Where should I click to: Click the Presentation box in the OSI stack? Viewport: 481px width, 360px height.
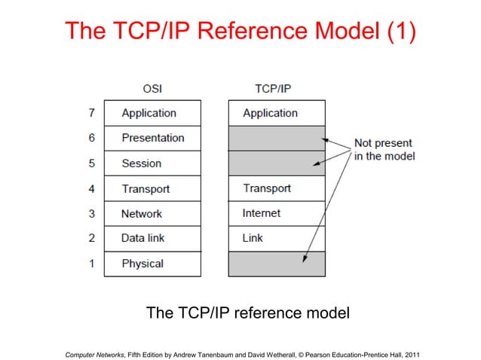pyautogui.click(x=152, y=138)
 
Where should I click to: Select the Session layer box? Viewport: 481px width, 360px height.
pyautogui.click(x=152, y=163)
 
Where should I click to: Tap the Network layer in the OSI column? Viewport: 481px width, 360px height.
pyautogui.click(x=152, y=214)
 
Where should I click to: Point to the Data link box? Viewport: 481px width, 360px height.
pyautogui.click(x=152, y=238)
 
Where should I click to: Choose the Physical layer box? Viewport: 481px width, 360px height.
pyautogui.click(x=152, y=264)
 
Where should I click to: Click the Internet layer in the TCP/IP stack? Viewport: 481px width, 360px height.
pyautogui.click(x=277, y=214)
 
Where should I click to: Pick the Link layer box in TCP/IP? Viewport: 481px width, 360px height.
pyautogui.click(x=277, y=238)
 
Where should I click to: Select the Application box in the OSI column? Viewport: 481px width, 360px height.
pyautogui.click(x=152, y=113)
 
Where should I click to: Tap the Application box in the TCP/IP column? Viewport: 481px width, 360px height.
pyautogui.click(x=277, y=113)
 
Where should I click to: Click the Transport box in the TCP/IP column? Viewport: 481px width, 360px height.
pyautogui.click(x=277, y=188)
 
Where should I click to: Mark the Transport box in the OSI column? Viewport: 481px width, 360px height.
pyautogui.click(x=152, y=188)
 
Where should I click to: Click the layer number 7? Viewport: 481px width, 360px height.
pyautogui.click(x=90, y=113)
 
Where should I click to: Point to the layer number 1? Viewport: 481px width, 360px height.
pyautogui.click(x=90, y=264)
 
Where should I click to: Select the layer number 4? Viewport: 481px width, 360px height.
pyautogui.click(x=90, y=188)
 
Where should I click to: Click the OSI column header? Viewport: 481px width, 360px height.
pyautogui.click(x=152, y=88)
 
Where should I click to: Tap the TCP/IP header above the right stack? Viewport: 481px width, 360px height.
pyautogui.click(x=273, y=88)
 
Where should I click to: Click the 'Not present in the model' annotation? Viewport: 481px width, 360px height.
pyautogui.click(x=384, y=149)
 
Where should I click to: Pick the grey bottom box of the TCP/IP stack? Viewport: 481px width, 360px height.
pyautogui.click(x=277, y=264)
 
